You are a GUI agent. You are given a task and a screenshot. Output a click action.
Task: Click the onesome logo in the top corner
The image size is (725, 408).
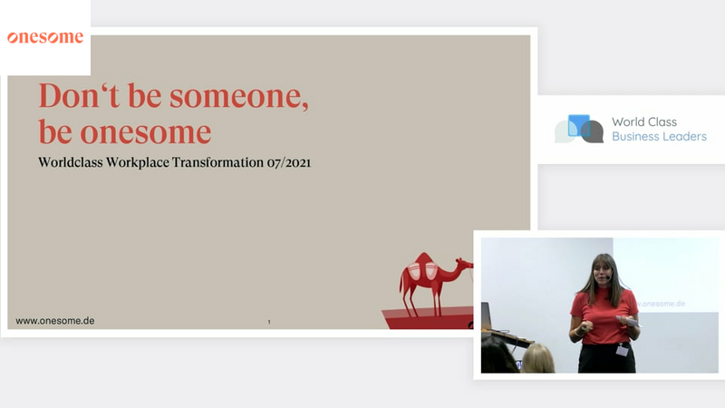tap(45, 37)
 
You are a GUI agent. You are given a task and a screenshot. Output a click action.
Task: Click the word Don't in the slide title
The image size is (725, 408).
tap(79, 96)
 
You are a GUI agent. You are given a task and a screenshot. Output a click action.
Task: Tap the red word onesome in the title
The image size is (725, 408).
tap(146, 132)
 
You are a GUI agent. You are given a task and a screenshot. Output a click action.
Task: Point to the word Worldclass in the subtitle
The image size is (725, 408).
tap(71, 162)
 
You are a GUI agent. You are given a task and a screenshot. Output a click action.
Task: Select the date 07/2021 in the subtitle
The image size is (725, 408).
tap(289, 163)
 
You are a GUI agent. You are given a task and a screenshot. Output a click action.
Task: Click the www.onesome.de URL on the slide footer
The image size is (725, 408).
tap(55, 321)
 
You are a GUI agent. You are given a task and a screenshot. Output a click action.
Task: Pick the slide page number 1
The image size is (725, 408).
tap(269, 322)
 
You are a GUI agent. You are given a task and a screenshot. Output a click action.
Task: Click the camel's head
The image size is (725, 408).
tap(465, 265)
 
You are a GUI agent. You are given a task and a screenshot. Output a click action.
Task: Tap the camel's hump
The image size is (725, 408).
tap(422, 259)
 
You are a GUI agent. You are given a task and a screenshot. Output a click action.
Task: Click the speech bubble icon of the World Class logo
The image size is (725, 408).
tap(579, 129)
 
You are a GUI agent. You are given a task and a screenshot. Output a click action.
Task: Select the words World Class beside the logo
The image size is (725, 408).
tap(644, 121)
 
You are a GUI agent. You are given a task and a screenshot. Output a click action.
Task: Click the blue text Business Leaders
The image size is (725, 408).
tap(660, 137)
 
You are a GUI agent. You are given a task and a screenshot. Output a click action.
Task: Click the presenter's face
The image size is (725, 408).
tap(604, 275)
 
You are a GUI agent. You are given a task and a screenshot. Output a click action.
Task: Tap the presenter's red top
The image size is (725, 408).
tap(604, 316)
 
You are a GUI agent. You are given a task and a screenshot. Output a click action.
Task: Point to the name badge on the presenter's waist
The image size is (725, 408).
tap(623, 350)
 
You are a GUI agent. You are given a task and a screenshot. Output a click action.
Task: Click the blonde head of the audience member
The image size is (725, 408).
tap(537, 359)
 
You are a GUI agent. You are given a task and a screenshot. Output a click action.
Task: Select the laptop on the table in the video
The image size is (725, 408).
tap(487, 316)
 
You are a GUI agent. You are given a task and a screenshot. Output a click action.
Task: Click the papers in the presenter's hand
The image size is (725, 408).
tap(628, 320)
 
